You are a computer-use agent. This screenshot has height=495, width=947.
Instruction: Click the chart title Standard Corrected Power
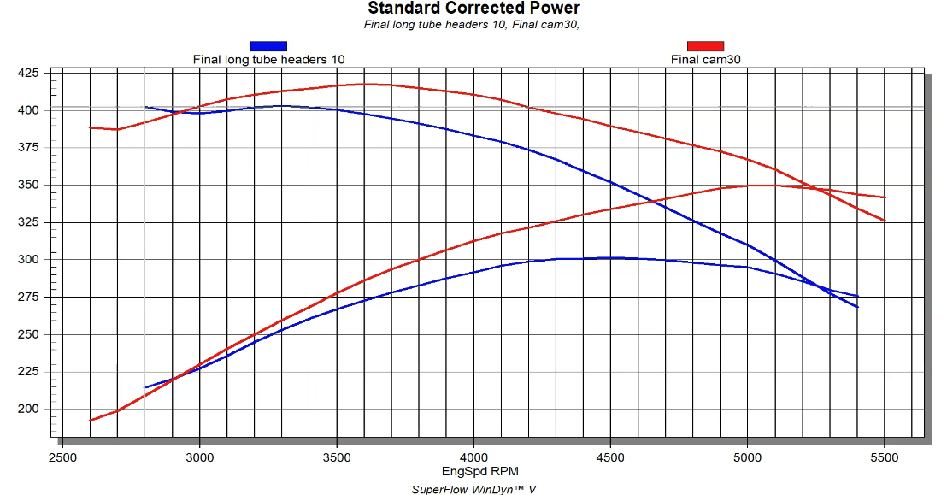coord(473,9)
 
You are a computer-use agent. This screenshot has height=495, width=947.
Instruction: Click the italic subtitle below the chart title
coord(472,24)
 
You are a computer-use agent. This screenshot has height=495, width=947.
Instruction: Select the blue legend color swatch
coord(268,46)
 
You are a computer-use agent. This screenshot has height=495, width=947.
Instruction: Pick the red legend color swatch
coord(705,46)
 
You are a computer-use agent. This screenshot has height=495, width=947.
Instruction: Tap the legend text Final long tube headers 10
coord(268,59)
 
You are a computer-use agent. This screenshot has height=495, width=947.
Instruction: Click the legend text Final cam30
coord(705,59)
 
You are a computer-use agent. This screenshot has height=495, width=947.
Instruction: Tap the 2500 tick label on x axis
coord(62,458)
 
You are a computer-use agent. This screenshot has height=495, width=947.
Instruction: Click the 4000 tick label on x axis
coord(473,458)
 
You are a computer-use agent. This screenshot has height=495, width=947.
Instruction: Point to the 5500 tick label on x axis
coord(885,458)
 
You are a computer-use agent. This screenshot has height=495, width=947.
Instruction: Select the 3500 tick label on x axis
coord(337,458)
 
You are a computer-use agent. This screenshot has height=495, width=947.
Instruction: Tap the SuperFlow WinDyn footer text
coord(473,489)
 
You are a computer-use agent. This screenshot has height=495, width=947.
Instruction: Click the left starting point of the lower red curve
coord(90,421)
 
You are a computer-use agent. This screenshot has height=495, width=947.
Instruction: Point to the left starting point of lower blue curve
coord(145,388)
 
